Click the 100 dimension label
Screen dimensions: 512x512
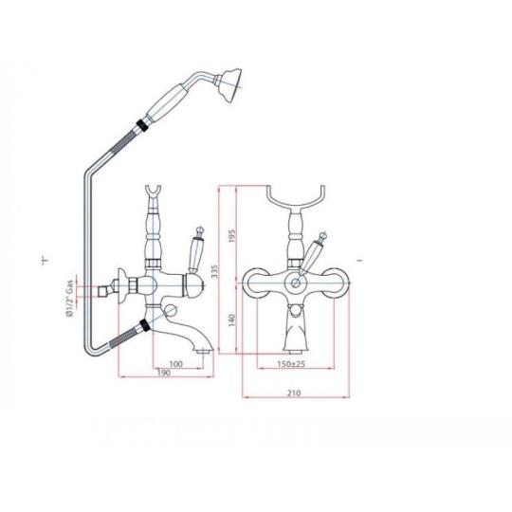(176, 363)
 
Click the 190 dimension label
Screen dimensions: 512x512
(164, 373)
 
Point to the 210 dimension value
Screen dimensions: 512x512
(294, 393)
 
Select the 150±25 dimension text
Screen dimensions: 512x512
(291, 363)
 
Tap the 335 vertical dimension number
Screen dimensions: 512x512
(214, 271)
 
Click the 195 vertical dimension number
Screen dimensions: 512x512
(231, 235)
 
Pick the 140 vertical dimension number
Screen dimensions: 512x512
(231, 320)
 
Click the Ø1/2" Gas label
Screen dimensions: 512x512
(69, 302)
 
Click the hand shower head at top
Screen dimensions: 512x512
(230, 85)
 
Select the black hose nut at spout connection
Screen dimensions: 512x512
(144, 326)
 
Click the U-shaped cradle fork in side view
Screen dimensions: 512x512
(153, 193)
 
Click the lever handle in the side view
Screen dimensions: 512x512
(196, 249)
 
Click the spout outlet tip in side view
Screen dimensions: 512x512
(205, 352)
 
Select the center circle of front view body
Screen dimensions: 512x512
(296, 283)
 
